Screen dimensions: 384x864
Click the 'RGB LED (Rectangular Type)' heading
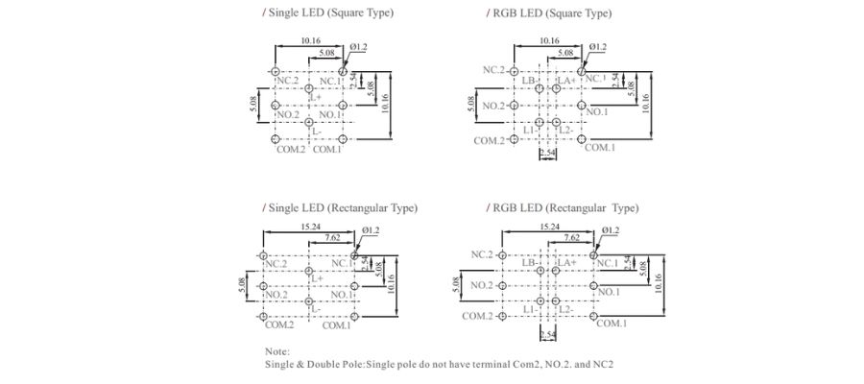[565, 207]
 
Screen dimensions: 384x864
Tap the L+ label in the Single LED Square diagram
[314, 96]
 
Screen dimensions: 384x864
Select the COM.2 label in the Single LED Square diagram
[290, 150]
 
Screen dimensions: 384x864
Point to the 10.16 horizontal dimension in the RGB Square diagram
[548, 40]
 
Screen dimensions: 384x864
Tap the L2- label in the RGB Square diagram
[564, 131]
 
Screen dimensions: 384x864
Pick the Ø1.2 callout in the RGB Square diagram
[597, 46]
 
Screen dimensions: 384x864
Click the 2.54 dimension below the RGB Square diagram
[548, 154]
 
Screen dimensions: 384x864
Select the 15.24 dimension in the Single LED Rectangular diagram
[309, 228]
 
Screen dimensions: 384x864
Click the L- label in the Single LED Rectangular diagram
[315, 306]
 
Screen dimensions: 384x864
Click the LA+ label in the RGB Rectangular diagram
[566, 262]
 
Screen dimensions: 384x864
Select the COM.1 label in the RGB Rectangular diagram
[612, 324]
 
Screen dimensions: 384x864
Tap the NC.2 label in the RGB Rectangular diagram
[482, 254]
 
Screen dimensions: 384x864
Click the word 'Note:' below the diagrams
[276, 351]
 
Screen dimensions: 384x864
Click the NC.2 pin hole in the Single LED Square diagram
[275, 72]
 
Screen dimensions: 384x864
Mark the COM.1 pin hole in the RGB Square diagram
[583, 139]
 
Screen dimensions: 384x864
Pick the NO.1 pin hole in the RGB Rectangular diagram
[594, 285]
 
